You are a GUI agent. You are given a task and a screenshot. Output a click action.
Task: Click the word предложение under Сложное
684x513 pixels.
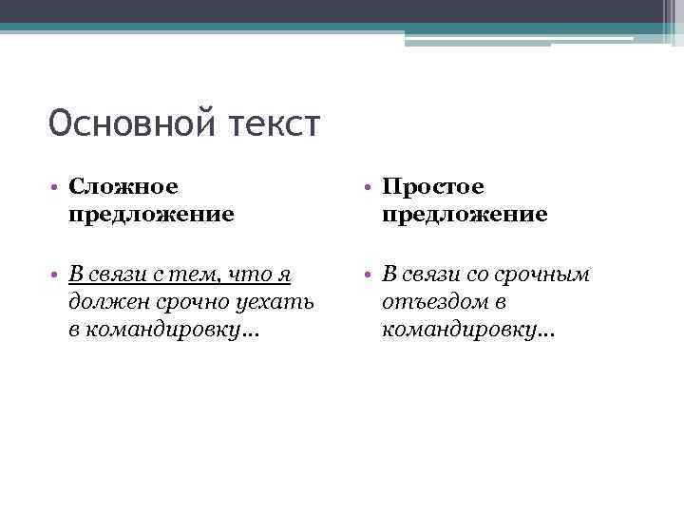[x=151, y=215]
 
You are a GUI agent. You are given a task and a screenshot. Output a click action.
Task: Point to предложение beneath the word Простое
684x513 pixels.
[x=465, y=215]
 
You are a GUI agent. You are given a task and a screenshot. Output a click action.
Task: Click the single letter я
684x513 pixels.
[x=282, y=275]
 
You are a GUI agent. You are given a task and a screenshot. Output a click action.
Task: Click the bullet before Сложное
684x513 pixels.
[x=58, y=188]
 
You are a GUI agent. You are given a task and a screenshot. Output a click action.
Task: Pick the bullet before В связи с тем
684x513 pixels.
[x=58, y=275]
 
